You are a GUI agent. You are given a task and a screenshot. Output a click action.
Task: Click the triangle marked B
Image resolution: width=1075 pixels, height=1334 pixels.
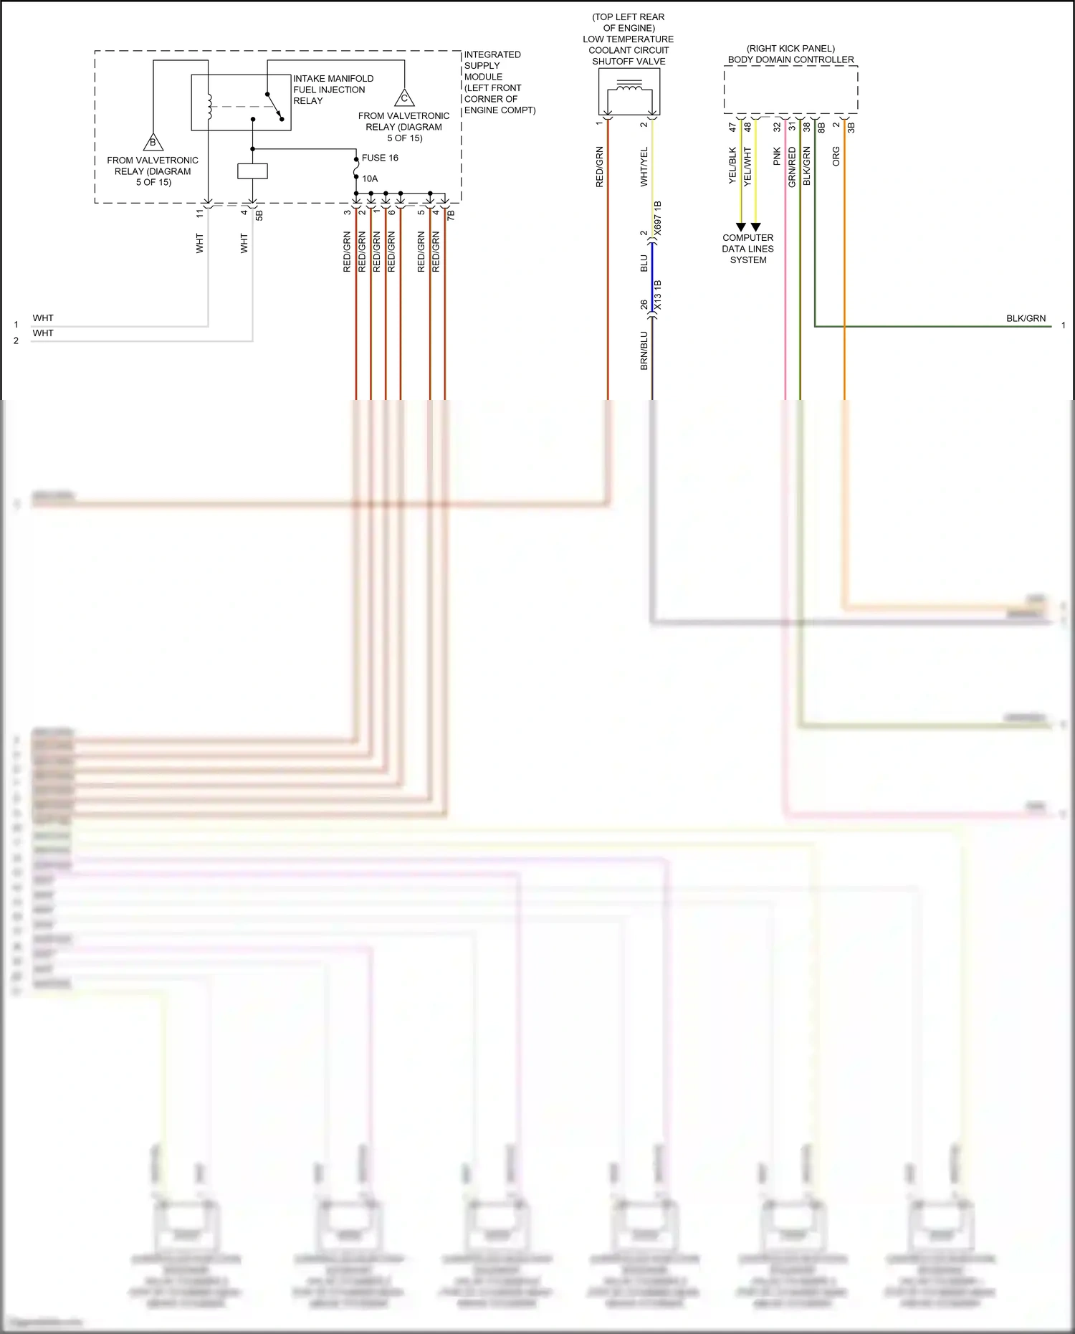click(x=153, y=142)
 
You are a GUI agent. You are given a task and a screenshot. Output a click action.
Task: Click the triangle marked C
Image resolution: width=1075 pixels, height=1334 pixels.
click(x=404, y=98)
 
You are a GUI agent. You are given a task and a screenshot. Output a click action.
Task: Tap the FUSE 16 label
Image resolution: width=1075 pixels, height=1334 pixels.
click(x=380, y=158)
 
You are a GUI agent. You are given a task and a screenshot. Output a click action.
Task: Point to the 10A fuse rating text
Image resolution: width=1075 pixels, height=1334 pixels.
click(x=370, y=178)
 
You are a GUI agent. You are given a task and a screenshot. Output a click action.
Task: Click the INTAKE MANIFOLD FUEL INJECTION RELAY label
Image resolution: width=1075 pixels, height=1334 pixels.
click(x=333, y=90)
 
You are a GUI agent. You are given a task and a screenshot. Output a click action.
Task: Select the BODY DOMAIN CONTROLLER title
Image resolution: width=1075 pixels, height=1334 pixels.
click(x=790, y=59)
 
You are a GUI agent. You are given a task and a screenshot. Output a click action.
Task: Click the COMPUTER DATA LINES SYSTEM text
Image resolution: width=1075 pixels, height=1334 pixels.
click(x=747, y=249)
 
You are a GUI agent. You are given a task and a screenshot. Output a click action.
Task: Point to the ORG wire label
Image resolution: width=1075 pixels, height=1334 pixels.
click(x=836, y=157)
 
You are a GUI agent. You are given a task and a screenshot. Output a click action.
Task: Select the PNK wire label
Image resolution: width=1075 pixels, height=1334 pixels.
click(x=777, y=157)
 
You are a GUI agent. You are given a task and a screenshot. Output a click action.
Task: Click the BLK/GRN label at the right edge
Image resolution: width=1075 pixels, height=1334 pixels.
click(x=1026, y=318)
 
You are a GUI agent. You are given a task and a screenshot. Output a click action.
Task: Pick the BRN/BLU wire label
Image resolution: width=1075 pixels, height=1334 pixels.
click(x=644, y=351)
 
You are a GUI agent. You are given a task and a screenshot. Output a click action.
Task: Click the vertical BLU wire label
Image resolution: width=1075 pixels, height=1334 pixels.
click(x=644, y=263)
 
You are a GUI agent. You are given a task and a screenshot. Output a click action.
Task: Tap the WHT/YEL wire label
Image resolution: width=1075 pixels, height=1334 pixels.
click(x=644, y=167)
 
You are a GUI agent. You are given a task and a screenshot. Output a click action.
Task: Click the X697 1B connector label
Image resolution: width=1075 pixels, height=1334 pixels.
click(x=658, y=218)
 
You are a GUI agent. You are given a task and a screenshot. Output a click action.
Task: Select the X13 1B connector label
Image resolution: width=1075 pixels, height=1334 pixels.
click(x=658, y=295)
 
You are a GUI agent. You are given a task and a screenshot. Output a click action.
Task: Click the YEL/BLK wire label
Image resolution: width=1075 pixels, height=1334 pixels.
click(x=732, y=166)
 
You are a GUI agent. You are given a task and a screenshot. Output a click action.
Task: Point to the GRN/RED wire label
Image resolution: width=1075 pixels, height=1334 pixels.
click(x=792, y=167)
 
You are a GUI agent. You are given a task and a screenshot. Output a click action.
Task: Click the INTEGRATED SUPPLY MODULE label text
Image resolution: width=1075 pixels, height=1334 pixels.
click(x=499, y=82)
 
